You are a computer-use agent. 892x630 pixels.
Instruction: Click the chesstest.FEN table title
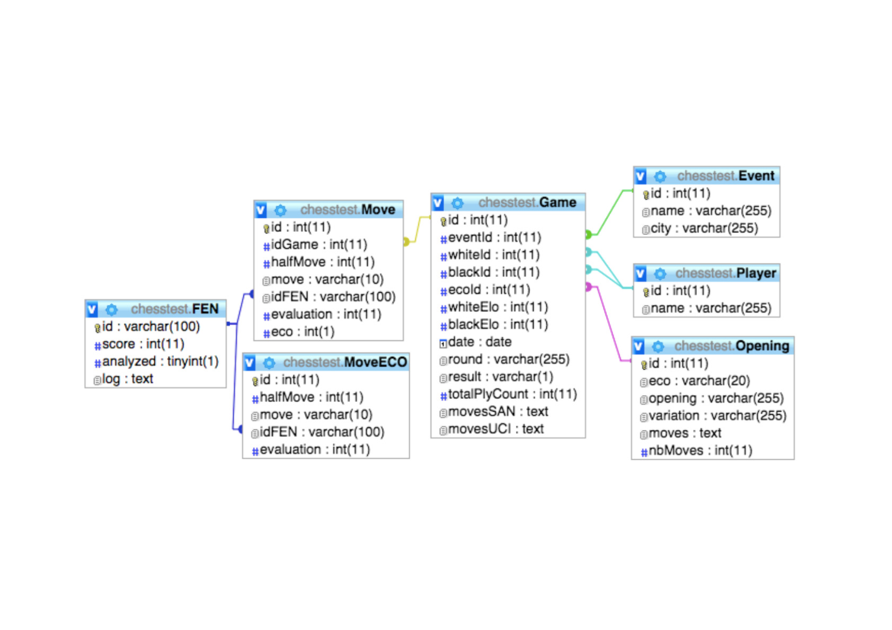pyautogui.click(x=175, y=309)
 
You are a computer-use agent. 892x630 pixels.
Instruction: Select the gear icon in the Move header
pyautogui.click(x=280, y=210)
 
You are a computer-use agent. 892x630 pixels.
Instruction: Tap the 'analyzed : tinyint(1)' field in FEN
pyautogui.click(x=161, y=361)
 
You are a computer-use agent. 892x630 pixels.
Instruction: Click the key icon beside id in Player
pyautogui.click(x=646, y=292)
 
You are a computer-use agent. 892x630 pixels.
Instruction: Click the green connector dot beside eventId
pyautogui.click(x=588, y=234)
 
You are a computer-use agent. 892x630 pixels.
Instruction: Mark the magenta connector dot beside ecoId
pyautogui.click(x=588, y=286)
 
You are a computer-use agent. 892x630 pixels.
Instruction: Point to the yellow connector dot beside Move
pyautogui.click(x=406, y=241)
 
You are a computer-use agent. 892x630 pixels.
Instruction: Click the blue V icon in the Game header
pyautogui.click(x=438, y=203)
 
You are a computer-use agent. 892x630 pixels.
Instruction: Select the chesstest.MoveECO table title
pyautogui.click(x=345, y=362)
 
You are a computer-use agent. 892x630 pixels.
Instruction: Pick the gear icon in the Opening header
pyautogui.click(x=658, y=346)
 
